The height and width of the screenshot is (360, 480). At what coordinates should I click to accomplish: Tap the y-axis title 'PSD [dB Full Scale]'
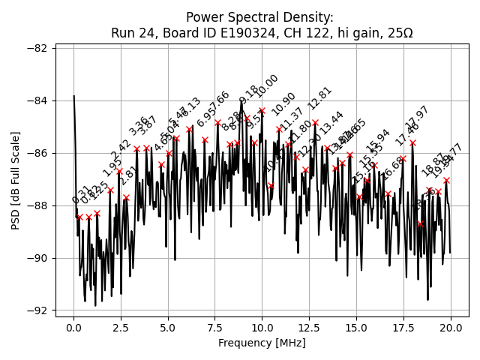pyautogui.click(x=16, y=180)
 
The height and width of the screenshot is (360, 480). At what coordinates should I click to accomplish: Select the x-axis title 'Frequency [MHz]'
pyautogui.click(x=262, y=343)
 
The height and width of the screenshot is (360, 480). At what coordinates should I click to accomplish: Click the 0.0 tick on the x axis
pyautogui.click(x=73, y=328)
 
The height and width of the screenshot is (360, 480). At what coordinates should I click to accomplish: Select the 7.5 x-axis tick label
pyautogui.click(x=215, y=328)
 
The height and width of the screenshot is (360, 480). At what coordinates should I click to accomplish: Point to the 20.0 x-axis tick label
pyautogui.click(x=450, y=328)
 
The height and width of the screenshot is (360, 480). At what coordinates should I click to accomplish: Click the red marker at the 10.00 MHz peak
pyautogui.click(x=262, y=111)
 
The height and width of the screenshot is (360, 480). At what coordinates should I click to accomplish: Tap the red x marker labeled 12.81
pyautogui.click(x=315, y=122)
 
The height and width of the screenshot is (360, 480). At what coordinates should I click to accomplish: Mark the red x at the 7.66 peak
pyautogui.click(x=217, y=122)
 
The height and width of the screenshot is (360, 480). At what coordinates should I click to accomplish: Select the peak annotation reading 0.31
pyautogui.click(x=81, y=193)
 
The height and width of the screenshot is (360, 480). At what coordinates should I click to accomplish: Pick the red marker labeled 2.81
pyautogui.click(x=126, y=198)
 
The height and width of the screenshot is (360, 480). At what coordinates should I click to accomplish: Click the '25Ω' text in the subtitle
pyautogui.click(x=398, y=33)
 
